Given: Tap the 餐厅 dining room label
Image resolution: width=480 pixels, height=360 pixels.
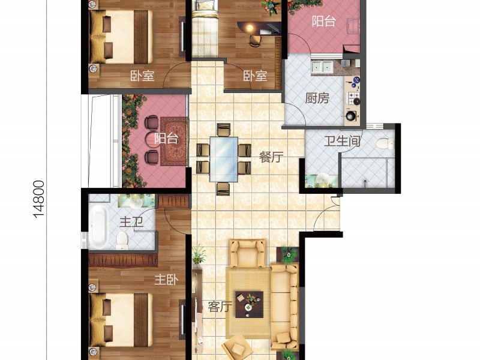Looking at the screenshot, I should pyautogui.click(x=271, y=157).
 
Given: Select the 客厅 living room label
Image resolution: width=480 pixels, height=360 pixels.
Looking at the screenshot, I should pyautogui.click(x=220, y=307).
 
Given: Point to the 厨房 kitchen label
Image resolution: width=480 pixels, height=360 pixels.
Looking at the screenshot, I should pyautogui.click(x=317, y=98).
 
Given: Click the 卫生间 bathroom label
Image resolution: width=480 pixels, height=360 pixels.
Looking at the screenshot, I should pyautogui.click(x=342, y=142).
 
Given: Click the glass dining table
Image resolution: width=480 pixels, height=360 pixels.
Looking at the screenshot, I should pyautogui.click(x=224, y=159).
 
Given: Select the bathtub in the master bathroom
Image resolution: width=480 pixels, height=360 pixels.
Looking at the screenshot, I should pyautogui.click(x=98, y=227).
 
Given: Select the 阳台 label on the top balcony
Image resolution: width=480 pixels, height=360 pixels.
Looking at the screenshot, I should pyautogui.click(x=323, y=22).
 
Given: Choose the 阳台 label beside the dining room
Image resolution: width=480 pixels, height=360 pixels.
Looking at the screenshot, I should pyautogui.click(x=166, y=139).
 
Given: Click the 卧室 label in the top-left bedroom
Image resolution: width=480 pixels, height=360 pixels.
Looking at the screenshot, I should pyautogui.click(x=142, y=76).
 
